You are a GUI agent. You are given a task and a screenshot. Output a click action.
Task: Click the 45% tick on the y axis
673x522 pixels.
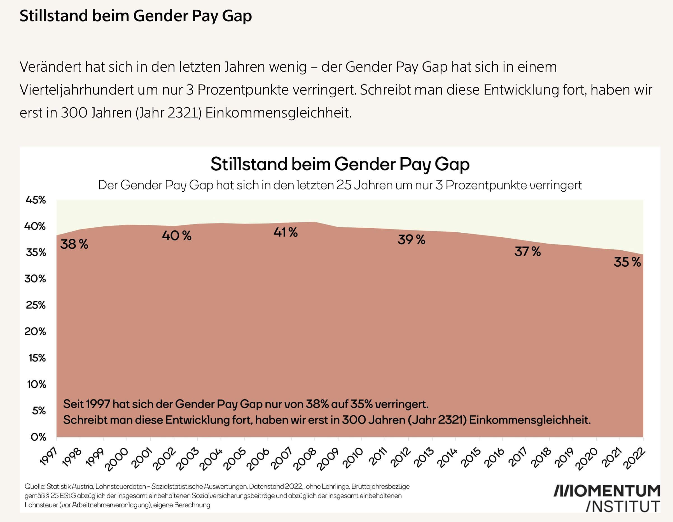coord(36,200)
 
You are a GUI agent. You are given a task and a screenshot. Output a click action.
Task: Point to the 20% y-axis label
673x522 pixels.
coord(35,331)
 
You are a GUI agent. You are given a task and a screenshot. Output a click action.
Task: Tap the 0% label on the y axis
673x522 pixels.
coord(38,437)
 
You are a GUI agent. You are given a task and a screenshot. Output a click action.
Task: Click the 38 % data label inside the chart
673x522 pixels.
coord(74,244)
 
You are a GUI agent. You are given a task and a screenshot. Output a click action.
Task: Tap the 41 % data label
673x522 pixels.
coord(286,232)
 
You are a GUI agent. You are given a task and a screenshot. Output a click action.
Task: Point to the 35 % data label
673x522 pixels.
coord(627,262)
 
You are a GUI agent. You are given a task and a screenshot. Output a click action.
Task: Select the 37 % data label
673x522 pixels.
coord(527,251)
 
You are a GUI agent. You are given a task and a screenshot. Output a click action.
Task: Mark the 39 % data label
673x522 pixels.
coord(411,239)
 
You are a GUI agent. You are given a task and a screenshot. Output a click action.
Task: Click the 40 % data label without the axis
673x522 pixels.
coord(177,236)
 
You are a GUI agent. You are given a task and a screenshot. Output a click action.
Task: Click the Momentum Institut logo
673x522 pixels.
coord(606,498)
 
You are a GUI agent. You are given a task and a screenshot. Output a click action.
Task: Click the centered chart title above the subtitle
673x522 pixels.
coord(340,164)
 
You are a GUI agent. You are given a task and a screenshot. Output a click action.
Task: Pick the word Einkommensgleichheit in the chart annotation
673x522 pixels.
coord(530,420)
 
